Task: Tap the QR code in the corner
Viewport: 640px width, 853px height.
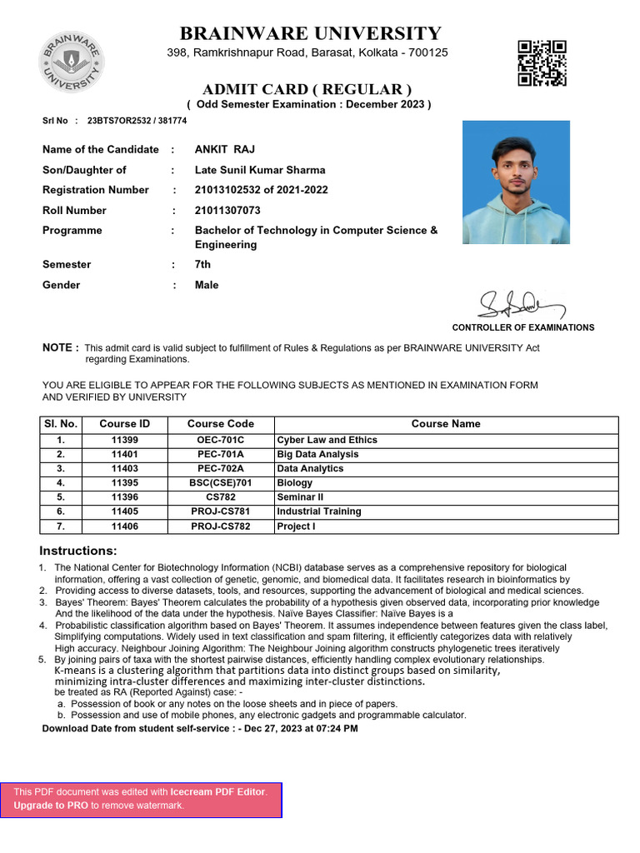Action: tap(542, 62)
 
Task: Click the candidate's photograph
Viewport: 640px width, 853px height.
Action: tap(516, 182)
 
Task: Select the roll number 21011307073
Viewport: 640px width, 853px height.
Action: tap(227, 211)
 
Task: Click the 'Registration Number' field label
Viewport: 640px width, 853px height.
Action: tap(96, 190)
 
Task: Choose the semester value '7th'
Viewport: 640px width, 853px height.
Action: tap(202, 265)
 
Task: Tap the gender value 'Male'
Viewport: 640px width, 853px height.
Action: tap(207, 285)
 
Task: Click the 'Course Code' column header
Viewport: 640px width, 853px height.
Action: tap(220, 424)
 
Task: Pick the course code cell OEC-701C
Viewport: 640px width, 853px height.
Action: tap(220, 440)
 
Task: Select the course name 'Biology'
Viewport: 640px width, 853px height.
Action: tap(294, 483)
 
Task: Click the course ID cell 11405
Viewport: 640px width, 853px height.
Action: tap(124, 511)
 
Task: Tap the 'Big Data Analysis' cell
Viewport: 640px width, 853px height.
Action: tap(317, 454)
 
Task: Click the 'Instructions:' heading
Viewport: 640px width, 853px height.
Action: tap(78, 551)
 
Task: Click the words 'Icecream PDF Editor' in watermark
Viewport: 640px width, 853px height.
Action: tap(217, 792)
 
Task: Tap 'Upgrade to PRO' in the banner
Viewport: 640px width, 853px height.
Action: tap(51, 806)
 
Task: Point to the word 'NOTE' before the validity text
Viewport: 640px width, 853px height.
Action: tap(59, 347)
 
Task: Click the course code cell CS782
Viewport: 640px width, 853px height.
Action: tap(220, 497)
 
